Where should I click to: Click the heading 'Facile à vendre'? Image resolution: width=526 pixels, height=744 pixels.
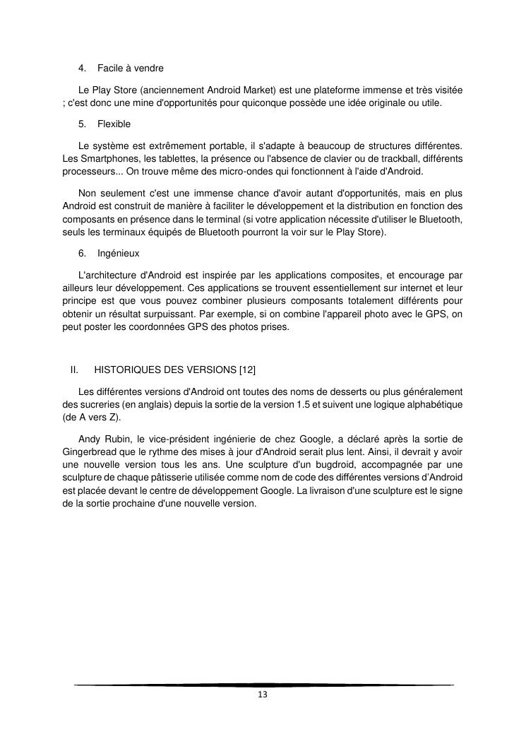[131, 68]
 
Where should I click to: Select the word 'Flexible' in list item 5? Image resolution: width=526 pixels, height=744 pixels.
[114, 124]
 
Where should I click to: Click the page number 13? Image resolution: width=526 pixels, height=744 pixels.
[263, 695]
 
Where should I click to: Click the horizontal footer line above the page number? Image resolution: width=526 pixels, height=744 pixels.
[263, 685]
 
